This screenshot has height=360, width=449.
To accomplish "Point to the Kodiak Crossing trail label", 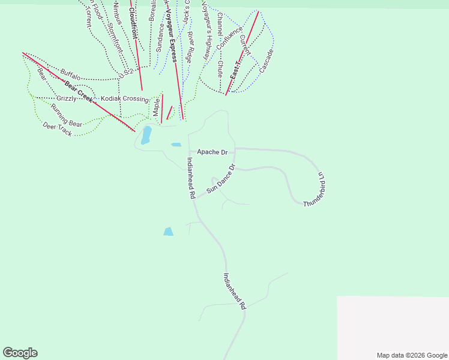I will (124, 99).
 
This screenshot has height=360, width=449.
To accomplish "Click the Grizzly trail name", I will (66, 98).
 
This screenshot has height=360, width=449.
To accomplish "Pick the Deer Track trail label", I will (57, 129).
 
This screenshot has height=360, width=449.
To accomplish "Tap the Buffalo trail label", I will (70, 76).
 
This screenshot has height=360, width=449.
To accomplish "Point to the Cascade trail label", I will (267, 61).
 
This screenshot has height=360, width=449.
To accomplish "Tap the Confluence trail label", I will (229, 38).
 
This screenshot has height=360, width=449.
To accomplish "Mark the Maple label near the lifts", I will (155, 107).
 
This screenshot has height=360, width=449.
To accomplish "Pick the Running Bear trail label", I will (66, 115).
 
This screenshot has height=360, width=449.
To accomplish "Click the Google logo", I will (20, 353).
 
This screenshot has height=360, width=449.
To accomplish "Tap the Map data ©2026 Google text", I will (412, 355).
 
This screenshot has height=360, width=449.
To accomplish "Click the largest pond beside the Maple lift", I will (146, 135).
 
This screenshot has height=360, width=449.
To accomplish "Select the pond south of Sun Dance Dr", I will (168, 232).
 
